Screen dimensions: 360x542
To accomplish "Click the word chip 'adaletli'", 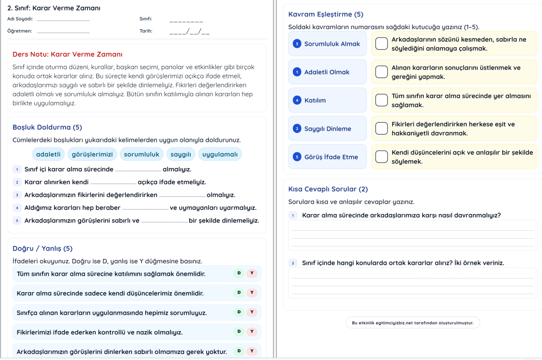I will click(48, 154).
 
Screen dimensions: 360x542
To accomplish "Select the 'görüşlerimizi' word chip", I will click(93, 154).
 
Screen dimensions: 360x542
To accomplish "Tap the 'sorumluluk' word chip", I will click(142, 154).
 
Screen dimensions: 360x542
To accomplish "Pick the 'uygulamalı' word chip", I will click(220, 154).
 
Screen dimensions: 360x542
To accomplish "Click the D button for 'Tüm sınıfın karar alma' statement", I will click(238, 273).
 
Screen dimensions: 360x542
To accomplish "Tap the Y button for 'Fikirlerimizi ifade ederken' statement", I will click(252, 332).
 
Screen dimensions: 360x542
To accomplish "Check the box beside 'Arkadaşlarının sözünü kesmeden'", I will click(381, 44).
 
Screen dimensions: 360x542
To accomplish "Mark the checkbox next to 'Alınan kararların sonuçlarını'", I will click(381, 72).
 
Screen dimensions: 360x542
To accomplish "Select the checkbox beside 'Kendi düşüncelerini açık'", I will click(381, 157).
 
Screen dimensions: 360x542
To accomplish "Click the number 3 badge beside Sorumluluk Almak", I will click(296, 44).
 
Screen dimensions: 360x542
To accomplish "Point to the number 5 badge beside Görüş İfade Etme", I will click(296, 157).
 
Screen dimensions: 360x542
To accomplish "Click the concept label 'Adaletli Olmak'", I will click(327, 72).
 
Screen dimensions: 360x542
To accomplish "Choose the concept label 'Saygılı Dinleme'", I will click(328, 129).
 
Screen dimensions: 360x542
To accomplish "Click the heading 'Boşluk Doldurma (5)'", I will click(47, 127).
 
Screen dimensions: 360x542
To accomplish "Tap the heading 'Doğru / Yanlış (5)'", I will click(43, 249).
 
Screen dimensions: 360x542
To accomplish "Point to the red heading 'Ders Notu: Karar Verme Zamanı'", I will click(67, 54).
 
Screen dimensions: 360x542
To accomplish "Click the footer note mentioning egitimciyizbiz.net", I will click(412, 323).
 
